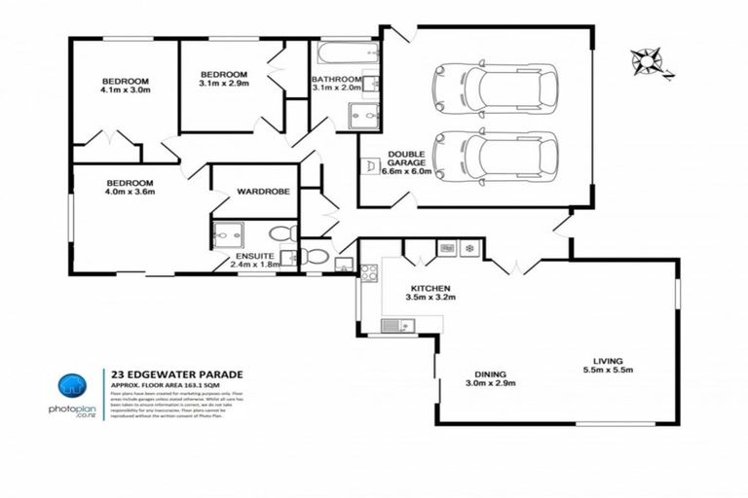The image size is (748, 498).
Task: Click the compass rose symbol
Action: click(647, 62)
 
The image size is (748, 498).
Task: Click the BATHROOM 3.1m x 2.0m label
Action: click(337, 84)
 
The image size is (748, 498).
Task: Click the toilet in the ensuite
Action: click(282, 233)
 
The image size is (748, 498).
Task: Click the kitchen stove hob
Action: click(369, 273)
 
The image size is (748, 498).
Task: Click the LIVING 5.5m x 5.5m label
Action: click(608, 365)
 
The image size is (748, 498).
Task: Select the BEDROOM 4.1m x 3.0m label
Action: click(125, 87)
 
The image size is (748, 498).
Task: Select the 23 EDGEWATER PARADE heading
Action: click(176, 373)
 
